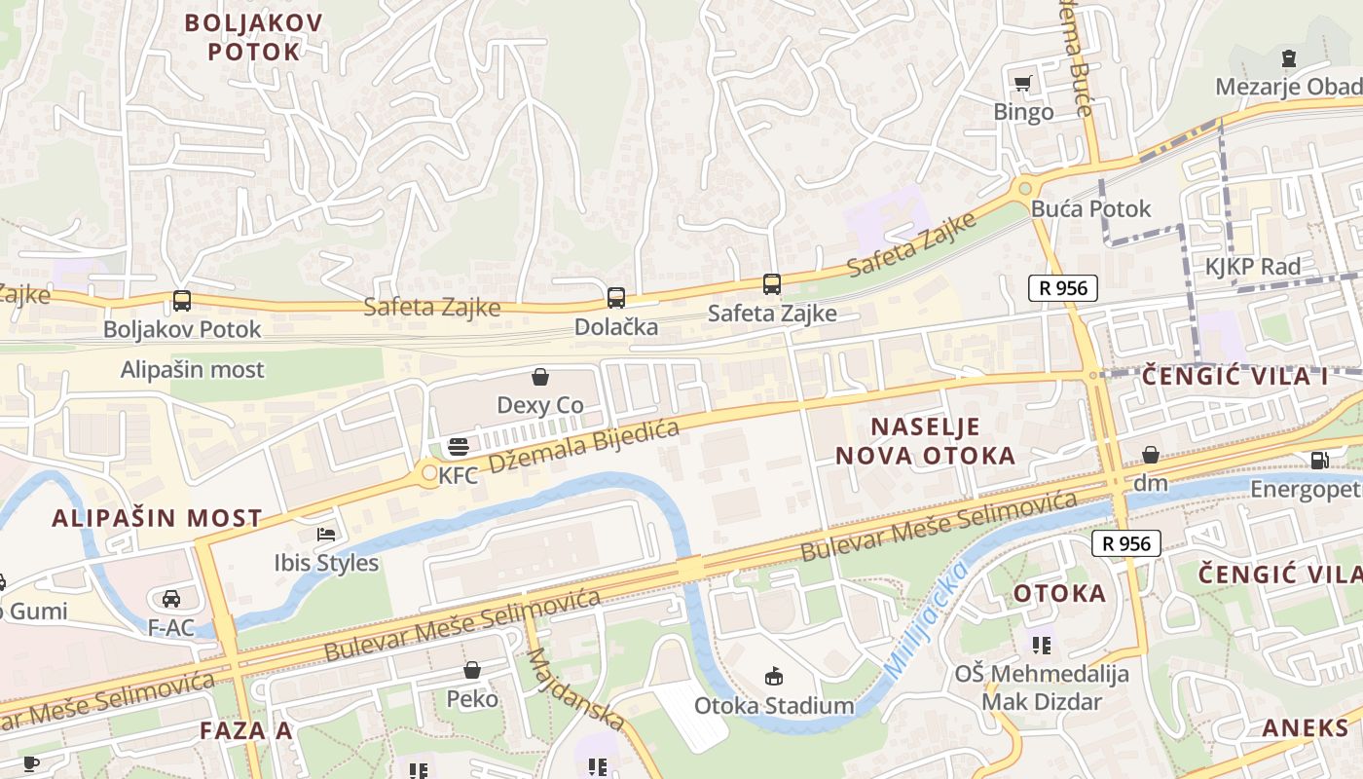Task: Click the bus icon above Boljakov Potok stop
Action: [182, 301]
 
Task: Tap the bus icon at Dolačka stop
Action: [615, 298]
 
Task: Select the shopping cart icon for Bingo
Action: [1022, 84]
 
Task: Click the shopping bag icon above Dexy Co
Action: [540, 377]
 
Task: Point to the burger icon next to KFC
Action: [458, 447]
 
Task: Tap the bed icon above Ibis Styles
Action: [326, 535]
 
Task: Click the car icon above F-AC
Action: [171, 598]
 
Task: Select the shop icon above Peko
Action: [472, 670]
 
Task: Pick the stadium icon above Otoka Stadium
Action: [774, 676]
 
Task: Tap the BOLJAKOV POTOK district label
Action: [253, 36]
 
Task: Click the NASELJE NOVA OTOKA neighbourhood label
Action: [925, 441]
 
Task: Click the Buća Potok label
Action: [1090, 208]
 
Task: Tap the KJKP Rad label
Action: [1252, 267]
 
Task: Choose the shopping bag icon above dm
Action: [1150, 455]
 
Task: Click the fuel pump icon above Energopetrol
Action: [1319, 461]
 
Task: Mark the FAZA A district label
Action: [245, 731]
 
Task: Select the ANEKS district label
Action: [1306, 727]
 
